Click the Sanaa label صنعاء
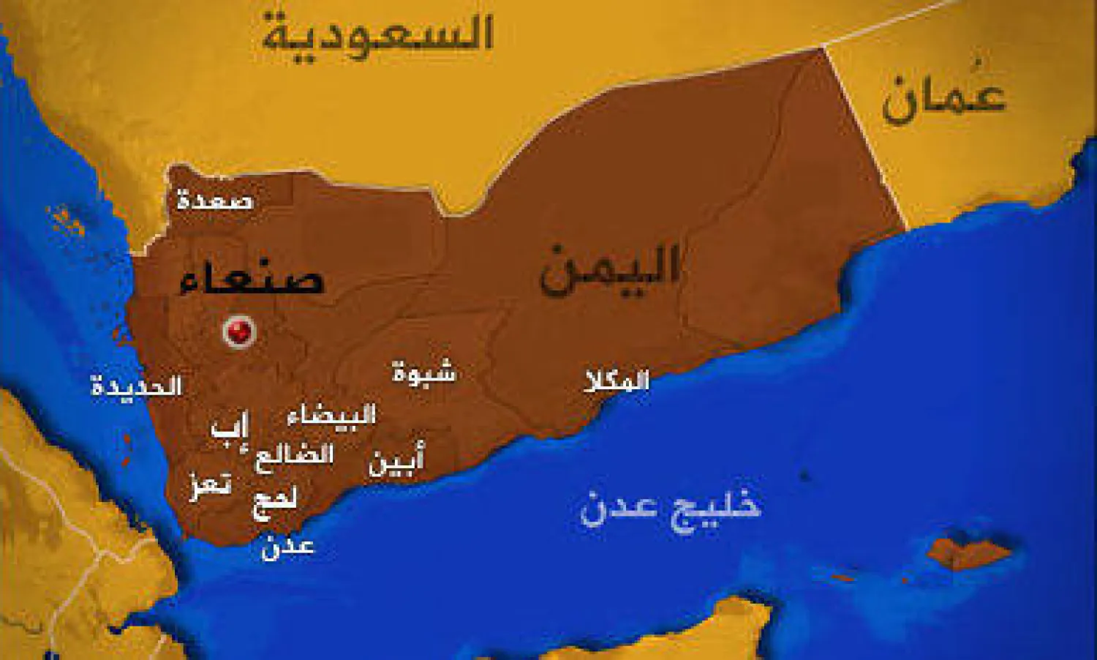(251, 279)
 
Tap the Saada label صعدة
(215, 199)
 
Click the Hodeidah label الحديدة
(136, 386)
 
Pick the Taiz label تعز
(211, 484)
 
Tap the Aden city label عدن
(287, 545)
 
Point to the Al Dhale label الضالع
(294, 456)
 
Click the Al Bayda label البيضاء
(331, 416)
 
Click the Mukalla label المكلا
(617, 380)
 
